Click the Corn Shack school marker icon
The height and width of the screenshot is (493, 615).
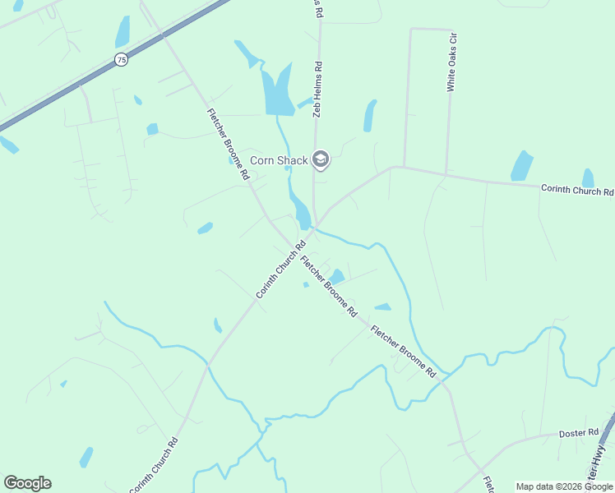pyautogui.click(x=321, y=160)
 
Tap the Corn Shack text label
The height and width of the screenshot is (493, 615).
pyautogui.click(x=279, y=161)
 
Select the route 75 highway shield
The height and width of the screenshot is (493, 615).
pyautogui.click(x=122, y=59)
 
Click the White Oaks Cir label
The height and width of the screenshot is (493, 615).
pyautogui.click(x=451, y=62)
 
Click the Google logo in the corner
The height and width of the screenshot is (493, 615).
pyautogui.click(x=27, y=483)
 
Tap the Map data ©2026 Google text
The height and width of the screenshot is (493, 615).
pyautogui.click(x=565, y=486)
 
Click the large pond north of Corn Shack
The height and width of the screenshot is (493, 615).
pyautogui.click(x=278, y=92)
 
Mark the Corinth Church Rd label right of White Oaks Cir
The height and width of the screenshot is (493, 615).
pyautogui.click(x=577, y=191)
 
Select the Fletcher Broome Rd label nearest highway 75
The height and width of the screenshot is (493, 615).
pyautogui.click(x=228, y=144)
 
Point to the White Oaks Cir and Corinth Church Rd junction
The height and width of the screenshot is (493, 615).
pyautogui.click(x=446, y=175)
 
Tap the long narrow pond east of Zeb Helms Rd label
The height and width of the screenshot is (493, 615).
pyautogui.click(x=370, y=116)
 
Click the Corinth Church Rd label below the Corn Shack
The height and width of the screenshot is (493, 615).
pyautogui.click(x=280, y=269)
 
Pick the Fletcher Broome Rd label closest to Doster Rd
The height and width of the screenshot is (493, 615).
pyautogui.click(x=403, y=351)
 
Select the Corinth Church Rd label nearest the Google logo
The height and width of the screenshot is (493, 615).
pyautogui.click(x=154, y=464)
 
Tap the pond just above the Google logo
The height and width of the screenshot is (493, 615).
pyautogui.click(x=86, y=456)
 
